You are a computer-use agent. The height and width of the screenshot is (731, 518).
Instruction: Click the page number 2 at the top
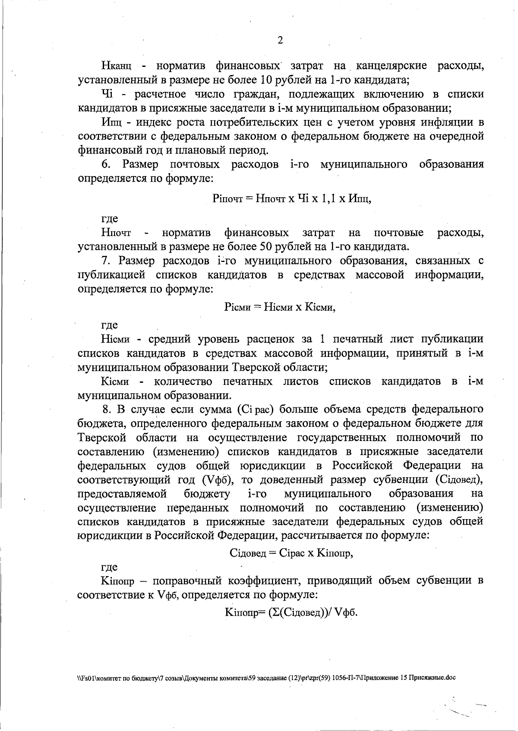coord(280,41)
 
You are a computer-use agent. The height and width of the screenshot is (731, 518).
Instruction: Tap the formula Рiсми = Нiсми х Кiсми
coord(280,307)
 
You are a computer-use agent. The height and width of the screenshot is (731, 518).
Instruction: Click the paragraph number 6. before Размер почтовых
coord(106,164)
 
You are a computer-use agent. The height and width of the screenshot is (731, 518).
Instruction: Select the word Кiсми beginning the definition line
coord(115,381)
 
